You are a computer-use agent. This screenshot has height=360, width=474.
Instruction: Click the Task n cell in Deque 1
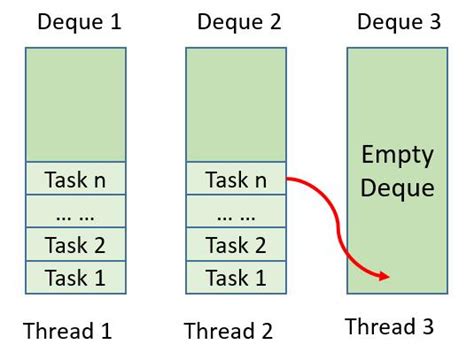[76, 181]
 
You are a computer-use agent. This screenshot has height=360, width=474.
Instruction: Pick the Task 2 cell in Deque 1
[76, 245]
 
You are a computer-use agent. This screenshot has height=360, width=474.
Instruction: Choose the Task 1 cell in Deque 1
[76, 277]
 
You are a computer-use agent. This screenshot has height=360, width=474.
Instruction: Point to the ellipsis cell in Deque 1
[76, 213]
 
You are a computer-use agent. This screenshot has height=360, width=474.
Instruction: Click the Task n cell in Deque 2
[236, 181]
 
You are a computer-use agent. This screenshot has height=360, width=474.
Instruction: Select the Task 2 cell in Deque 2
[236, 245]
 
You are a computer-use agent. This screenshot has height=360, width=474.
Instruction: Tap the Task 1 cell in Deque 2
[236, 277]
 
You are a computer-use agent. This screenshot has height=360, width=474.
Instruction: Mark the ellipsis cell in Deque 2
[236, 213]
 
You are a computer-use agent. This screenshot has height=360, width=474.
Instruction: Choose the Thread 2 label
[228, 329]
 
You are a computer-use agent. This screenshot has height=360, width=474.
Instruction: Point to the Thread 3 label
[390, 326]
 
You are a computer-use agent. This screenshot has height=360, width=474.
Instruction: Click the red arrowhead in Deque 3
[382, 277]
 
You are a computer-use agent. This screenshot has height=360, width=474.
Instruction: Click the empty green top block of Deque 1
[76, 104]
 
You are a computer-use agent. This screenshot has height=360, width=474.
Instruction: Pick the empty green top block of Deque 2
[236, 104]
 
